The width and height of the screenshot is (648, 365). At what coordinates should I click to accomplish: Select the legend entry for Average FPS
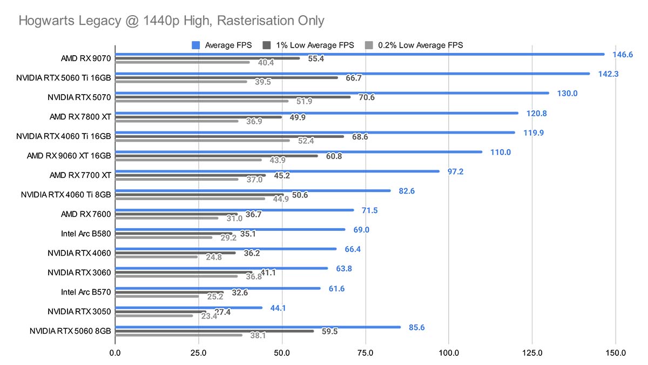pyautogui.click(x=222, y=45)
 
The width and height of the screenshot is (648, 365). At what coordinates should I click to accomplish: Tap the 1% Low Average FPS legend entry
pyautogui.click(x=308, y=45)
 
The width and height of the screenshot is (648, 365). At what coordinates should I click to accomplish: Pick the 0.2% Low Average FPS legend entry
pyautogui.click(x=413, y=45)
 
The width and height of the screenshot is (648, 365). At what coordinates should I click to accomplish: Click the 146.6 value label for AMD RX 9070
pyautogui.click(x=622, y=55)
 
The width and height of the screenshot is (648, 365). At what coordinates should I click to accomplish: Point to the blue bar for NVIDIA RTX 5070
pyautogui.click(x=332, y=93)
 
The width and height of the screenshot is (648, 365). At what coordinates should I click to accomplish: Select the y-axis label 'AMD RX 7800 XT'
pyautogui.click(x=80, y=117)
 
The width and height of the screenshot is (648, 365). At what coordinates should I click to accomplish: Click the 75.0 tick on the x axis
pyautogui.click(x=366, y=353)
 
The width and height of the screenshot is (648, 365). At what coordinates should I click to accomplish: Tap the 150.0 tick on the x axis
pyautogui.click(x=616, y=353)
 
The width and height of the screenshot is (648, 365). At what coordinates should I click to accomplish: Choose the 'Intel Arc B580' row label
pyautogui.click(x=86, y=234)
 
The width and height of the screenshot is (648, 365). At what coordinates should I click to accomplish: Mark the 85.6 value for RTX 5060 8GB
pyautogui.click(x=417, y=327)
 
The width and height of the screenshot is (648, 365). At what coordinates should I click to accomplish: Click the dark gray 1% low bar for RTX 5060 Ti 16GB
pyautogui.click(x=227, y=77)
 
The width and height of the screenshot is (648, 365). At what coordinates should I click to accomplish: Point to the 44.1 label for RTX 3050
pyautogui.click(x=278, y=308)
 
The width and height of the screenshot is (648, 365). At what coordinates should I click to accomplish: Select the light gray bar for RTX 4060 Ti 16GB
pyautogui.click(x=202, y=140)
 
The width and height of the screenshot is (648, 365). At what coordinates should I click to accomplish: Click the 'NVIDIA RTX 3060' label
pyautogui.click(x=79, y=273)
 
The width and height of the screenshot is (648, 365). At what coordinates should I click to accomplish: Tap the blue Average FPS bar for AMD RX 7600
pyautogui.click(x=235, y=210)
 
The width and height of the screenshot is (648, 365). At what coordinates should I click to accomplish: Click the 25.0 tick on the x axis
pyautogui.click(x=199, y=353)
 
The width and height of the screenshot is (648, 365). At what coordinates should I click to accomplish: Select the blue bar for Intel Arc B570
pyautogui.click(x=218, y=288)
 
